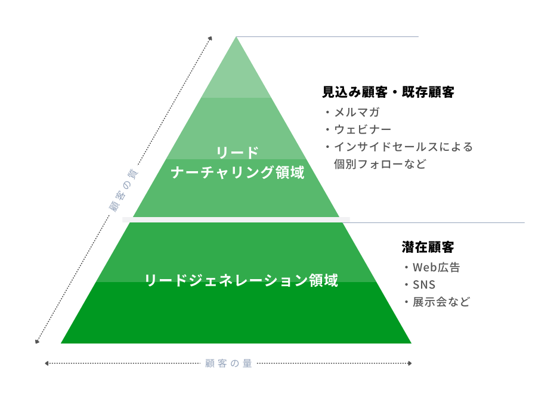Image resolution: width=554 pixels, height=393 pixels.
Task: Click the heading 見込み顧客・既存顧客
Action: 388,92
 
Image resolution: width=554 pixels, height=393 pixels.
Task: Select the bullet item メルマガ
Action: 357,112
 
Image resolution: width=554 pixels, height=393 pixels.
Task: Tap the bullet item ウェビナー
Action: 362,129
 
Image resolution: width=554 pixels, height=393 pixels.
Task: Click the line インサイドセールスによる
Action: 403,147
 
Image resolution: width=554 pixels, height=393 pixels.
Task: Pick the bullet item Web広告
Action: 436,267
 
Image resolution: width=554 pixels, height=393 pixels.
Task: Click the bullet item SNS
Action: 423,284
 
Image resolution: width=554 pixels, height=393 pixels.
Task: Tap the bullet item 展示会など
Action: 441,302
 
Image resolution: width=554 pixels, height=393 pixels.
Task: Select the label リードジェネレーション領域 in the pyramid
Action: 242,280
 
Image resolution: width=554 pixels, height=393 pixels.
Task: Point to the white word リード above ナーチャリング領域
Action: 237,153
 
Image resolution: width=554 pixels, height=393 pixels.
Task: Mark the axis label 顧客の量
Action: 228,363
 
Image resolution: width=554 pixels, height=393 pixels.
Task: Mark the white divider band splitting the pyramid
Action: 236,220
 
